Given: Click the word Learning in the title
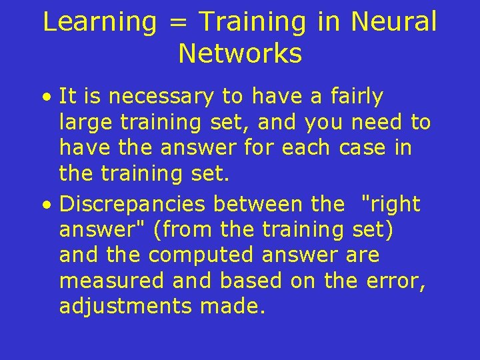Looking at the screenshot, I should tap(100, 22).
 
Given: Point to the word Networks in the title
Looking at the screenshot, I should tap(240, 54).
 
